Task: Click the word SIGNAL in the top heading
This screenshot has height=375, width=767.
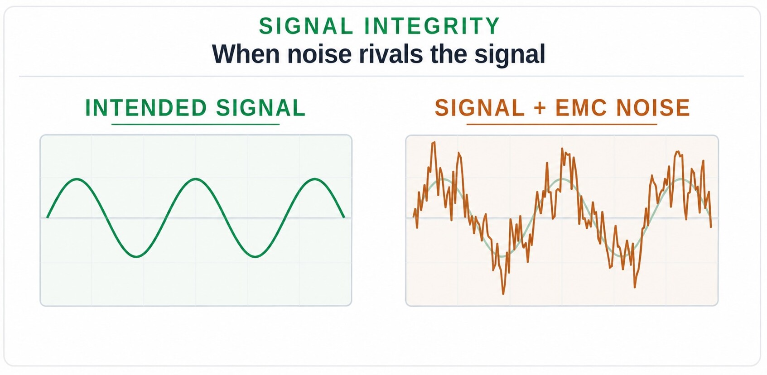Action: click(x=306, y=26)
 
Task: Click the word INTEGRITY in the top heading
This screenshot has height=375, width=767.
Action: click(x=432, y=26)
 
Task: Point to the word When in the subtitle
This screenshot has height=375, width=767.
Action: click(x=246, y=54)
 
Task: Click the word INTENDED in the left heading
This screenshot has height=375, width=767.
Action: click(x=146, y=108)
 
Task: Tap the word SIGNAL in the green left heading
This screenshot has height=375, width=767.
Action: click(x=260, y=108)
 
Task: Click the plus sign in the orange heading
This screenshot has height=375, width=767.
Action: click(x=540, y=108)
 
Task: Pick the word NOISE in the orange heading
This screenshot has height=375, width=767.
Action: click(x=653, y=108)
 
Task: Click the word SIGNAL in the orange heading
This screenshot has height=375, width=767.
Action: click(x=479, y=108)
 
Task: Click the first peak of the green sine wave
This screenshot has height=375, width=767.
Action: click(x=77, y=179)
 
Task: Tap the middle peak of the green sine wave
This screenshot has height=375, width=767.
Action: click(x=196, y=179)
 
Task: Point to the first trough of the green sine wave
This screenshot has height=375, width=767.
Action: click(x=136, y=256)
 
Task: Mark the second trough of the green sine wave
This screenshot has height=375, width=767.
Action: click(x=255, y=256)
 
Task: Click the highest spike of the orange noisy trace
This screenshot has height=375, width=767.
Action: click(x=434, y=142)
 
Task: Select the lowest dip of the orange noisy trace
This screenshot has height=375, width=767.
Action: click(x=503, y=293)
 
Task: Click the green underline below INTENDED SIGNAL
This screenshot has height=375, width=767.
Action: click(x=196, y=124)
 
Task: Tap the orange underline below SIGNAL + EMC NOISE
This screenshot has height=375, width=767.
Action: click(x=562, y=124)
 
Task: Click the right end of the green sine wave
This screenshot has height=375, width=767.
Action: click(x=344, y=217)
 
